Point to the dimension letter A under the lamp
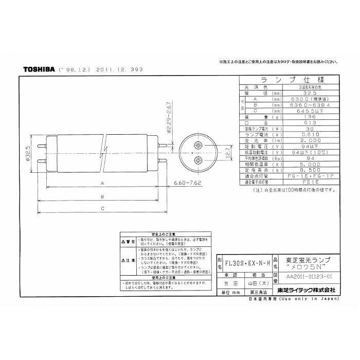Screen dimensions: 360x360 103,183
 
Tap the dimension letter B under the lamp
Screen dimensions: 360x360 103,196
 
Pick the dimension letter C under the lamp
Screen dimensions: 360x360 103,208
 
